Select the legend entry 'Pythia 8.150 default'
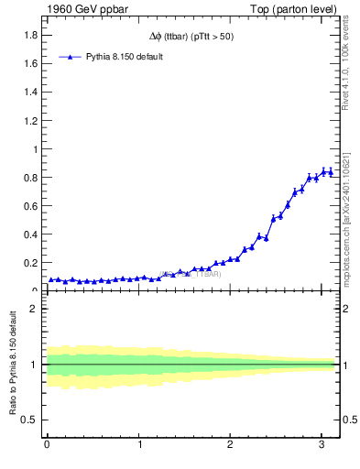tap(124, 57)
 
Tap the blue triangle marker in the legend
tap(70, 57)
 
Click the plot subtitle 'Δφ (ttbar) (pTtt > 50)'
tap(189, 38)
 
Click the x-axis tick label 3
tap(322, 446)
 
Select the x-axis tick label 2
tap(230, 446)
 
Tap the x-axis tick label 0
tap(47, 446)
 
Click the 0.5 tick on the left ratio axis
tap(30, 420)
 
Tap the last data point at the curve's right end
tap(331, 172)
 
